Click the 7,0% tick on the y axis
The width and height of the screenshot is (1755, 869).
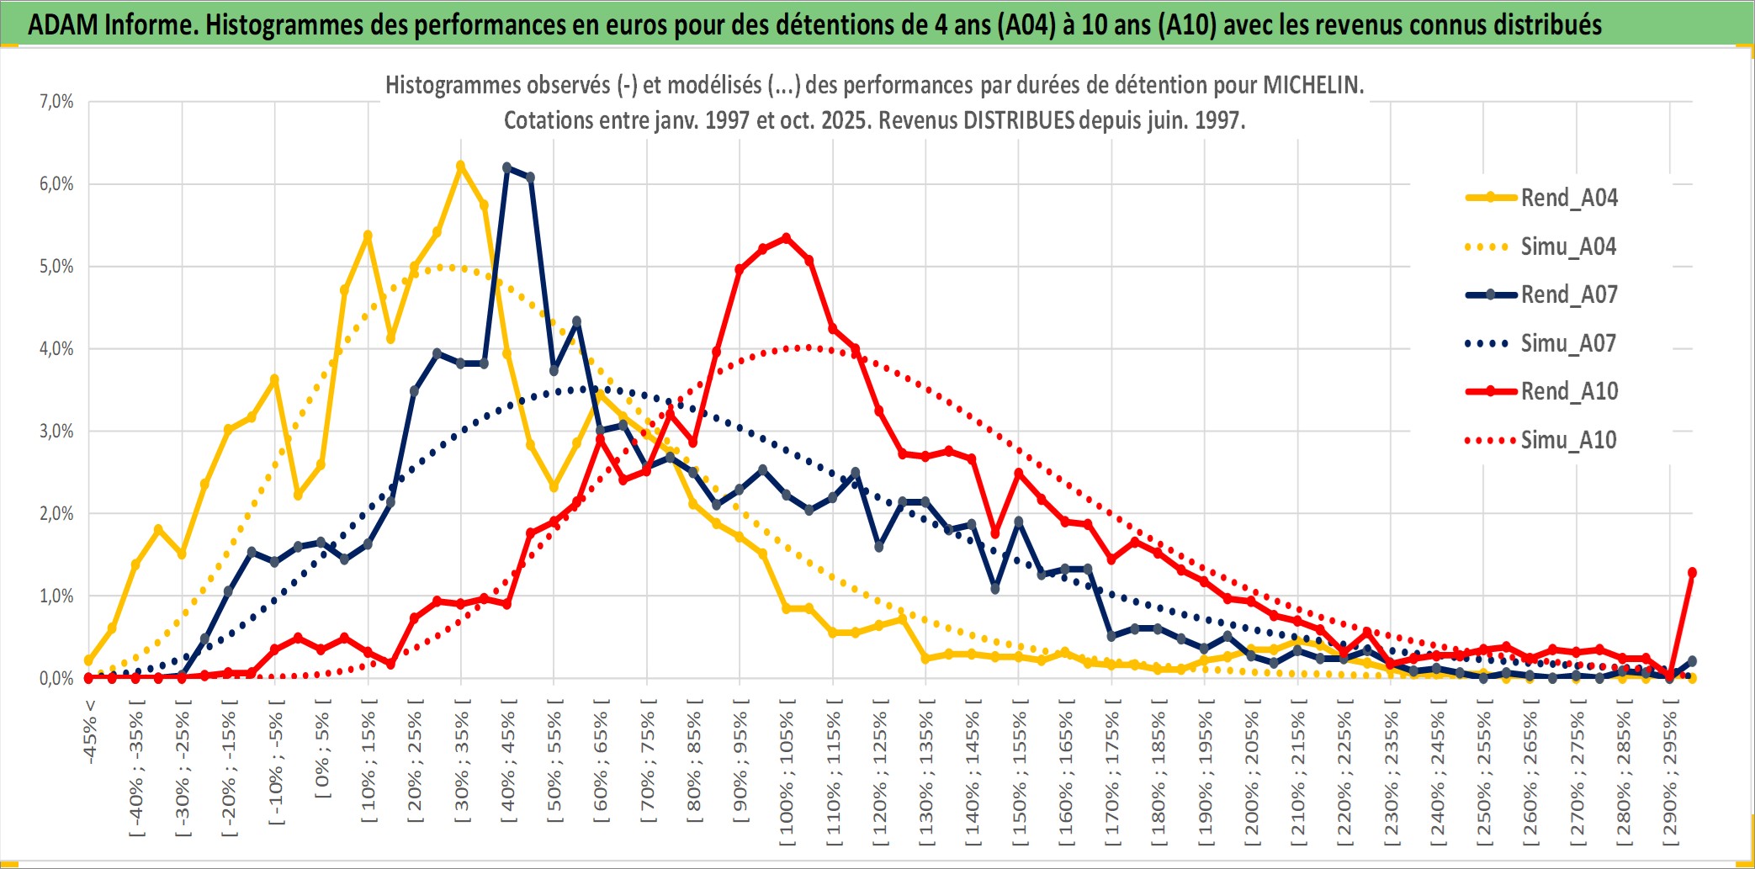click(56, 102)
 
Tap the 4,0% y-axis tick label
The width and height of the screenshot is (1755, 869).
click(56, 348)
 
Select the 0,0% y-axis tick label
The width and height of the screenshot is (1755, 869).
click(56, 678)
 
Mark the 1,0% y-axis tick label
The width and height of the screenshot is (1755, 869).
click(56, 596)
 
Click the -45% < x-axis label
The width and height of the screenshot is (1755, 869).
click(90, 732)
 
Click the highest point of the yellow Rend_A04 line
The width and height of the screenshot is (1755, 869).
click(460, 166)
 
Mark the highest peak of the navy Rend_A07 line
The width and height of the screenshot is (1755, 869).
click(506, 167)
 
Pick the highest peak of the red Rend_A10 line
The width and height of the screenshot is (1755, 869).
click(786, 238)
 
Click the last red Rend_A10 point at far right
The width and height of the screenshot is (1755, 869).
click(1692, 572)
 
